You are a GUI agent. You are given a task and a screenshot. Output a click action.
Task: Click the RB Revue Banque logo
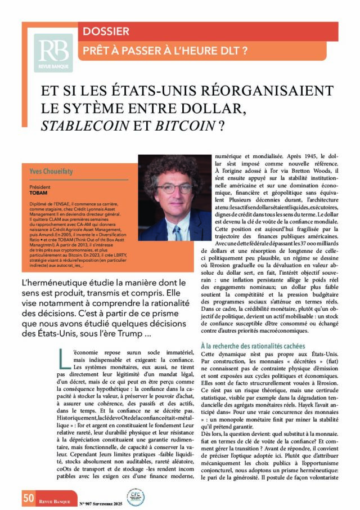(x=53, y=53)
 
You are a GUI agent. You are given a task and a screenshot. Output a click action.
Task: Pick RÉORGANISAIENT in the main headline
(x=267, y=90)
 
